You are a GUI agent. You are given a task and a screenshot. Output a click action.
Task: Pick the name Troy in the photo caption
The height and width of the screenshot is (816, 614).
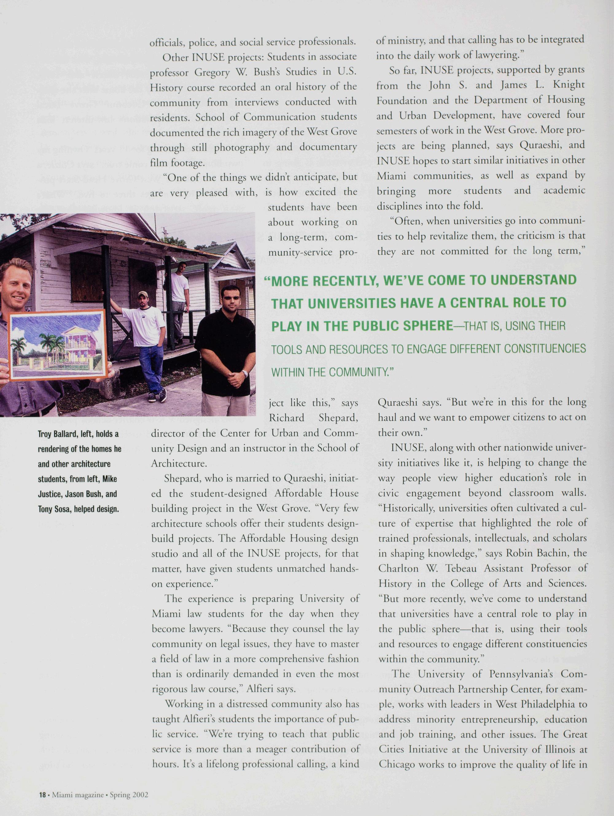point(44,434)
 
